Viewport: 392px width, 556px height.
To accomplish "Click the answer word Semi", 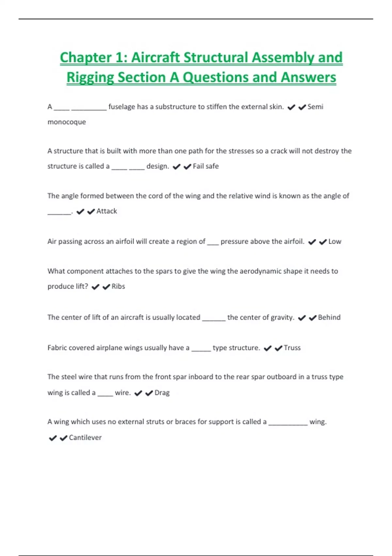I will click(315, 107).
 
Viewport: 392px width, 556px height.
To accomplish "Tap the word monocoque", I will click(67, 122).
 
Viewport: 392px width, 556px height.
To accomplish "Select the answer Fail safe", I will click(205, 166).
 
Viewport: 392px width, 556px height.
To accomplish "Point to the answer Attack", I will click(106, 211).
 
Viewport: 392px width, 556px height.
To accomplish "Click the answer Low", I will click(335, 242).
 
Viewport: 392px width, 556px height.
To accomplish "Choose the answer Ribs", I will click(118, 287).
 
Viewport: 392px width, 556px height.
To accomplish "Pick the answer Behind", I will click(329, 317).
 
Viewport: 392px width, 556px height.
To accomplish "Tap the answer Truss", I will click(292, 348).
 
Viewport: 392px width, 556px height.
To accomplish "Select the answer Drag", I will click(162, 392).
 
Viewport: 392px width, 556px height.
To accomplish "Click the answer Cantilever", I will click(85, 438).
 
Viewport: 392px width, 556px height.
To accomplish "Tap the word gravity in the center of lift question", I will click(282, 317).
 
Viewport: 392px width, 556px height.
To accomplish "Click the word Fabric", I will click(57, 348).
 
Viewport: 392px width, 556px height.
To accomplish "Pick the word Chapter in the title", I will click(86, 58).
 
